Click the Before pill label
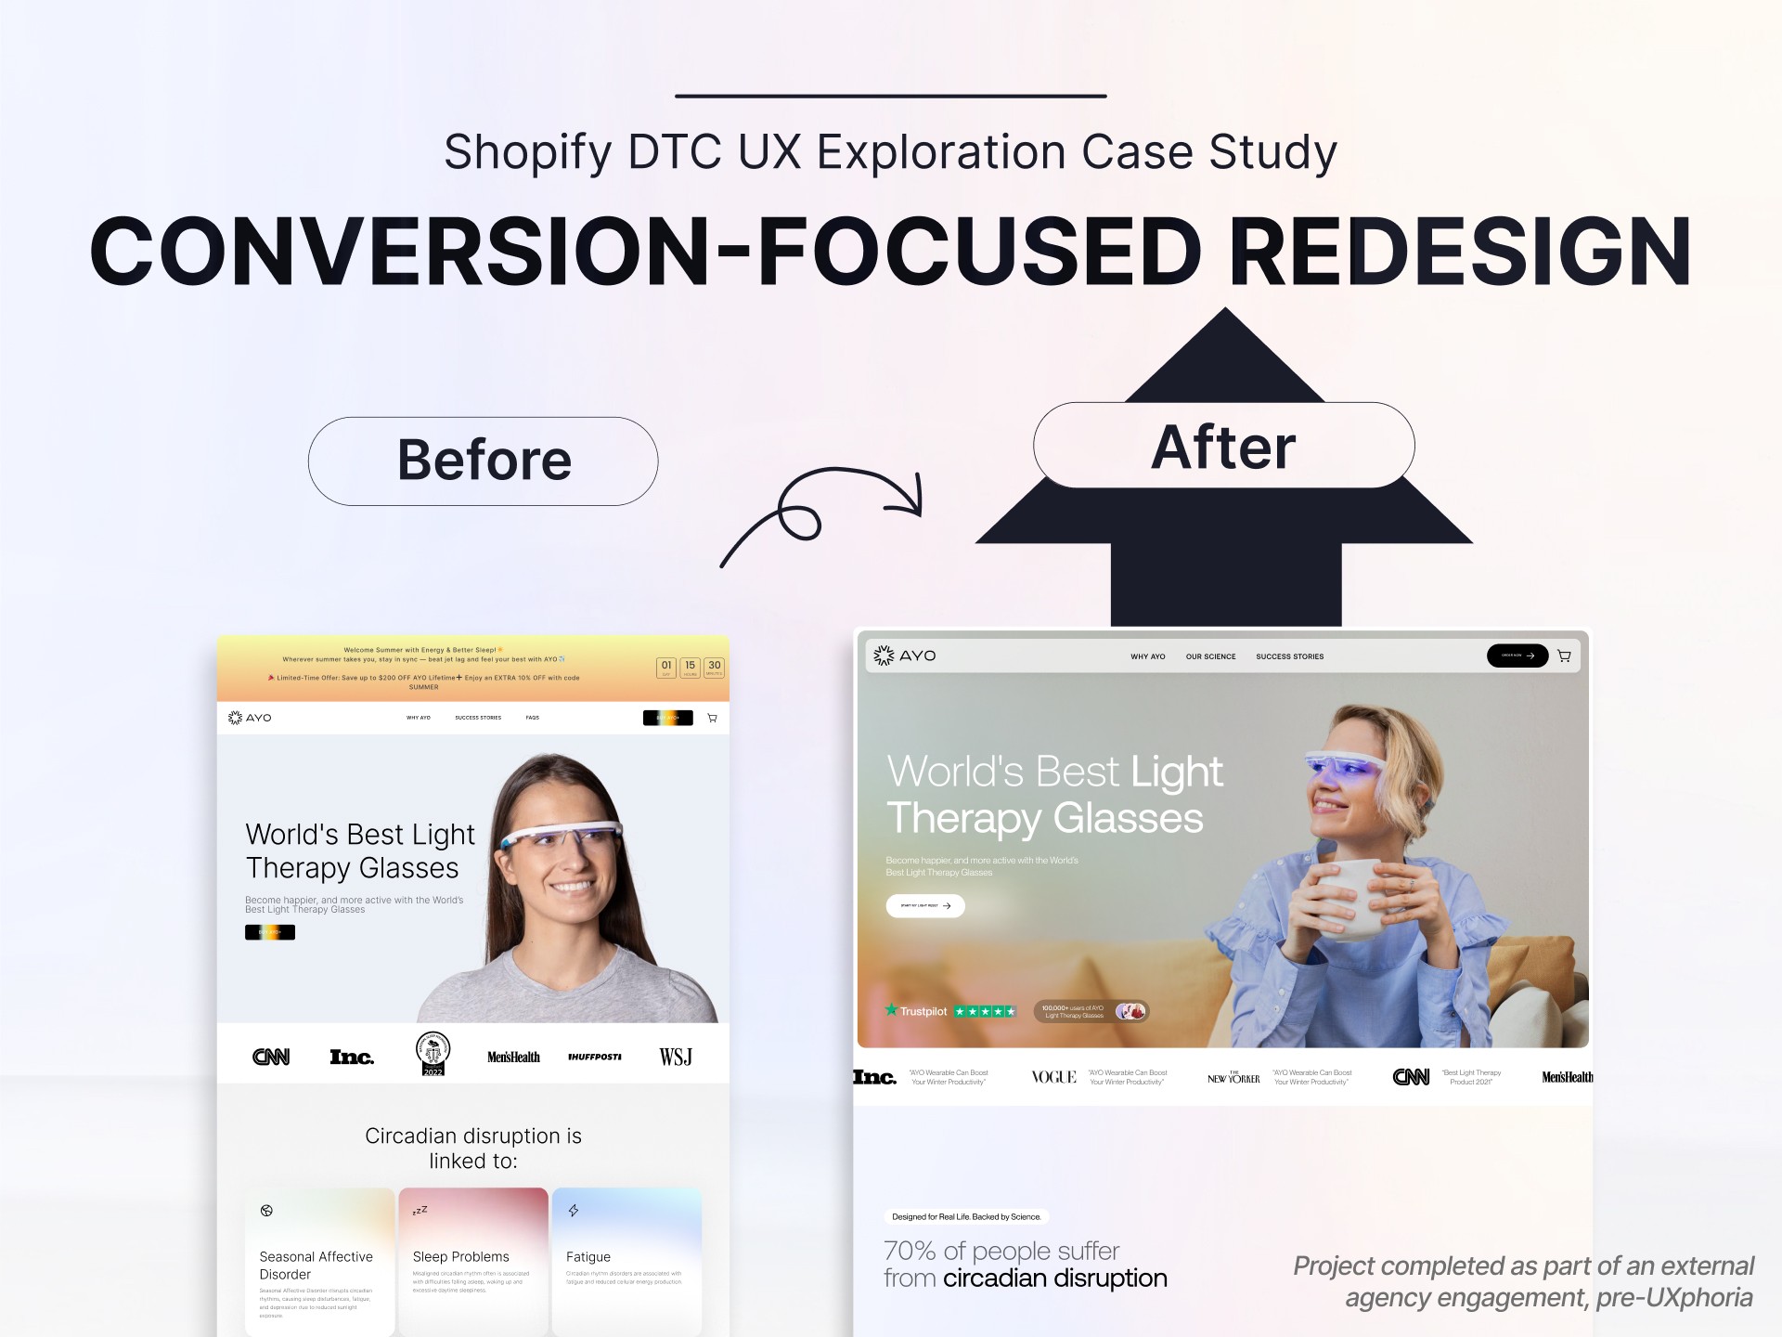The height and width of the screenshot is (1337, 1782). coord(484,461)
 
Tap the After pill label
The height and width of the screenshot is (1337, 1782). coord(1223,447)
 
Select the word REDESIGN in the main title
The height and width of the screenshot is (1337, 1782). coord(1459,253)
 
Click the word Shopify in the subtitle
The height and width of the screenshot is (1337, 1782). coord(527,152)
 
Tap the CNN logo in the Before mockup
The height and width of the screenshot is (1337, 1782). coord(271,1057)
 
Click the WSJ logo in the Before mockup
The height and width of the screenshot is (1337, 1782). coord(676,1057)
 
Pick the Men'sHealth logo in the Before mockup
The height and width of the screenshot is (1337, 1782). coord(513,1057)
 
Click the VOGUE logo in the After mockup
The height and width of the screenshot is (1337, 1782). coord(1053,1077)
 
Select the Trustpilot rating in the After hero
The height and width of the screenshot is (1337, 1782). coord(950,1011)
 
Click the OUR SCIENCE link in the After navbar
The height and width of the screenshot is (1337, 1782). coord(1210,656)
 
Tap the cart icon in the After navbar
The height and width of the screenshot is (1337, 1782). coord(1564,656)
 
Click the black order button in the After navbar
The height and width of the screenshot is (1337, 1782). coord(1517,656)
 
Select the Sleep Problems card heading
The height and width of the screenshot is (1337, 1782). coord(460,1256)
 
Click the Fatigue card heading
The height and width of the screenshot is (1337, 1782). coord(588,1256)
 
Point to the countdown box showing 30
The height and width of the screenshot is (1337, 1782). coord(714,667)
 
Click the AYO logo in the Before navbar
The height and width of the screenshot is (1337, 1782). coord(250,718)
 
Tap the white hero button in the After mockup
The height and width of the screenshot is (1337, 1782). coord(925,905)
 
